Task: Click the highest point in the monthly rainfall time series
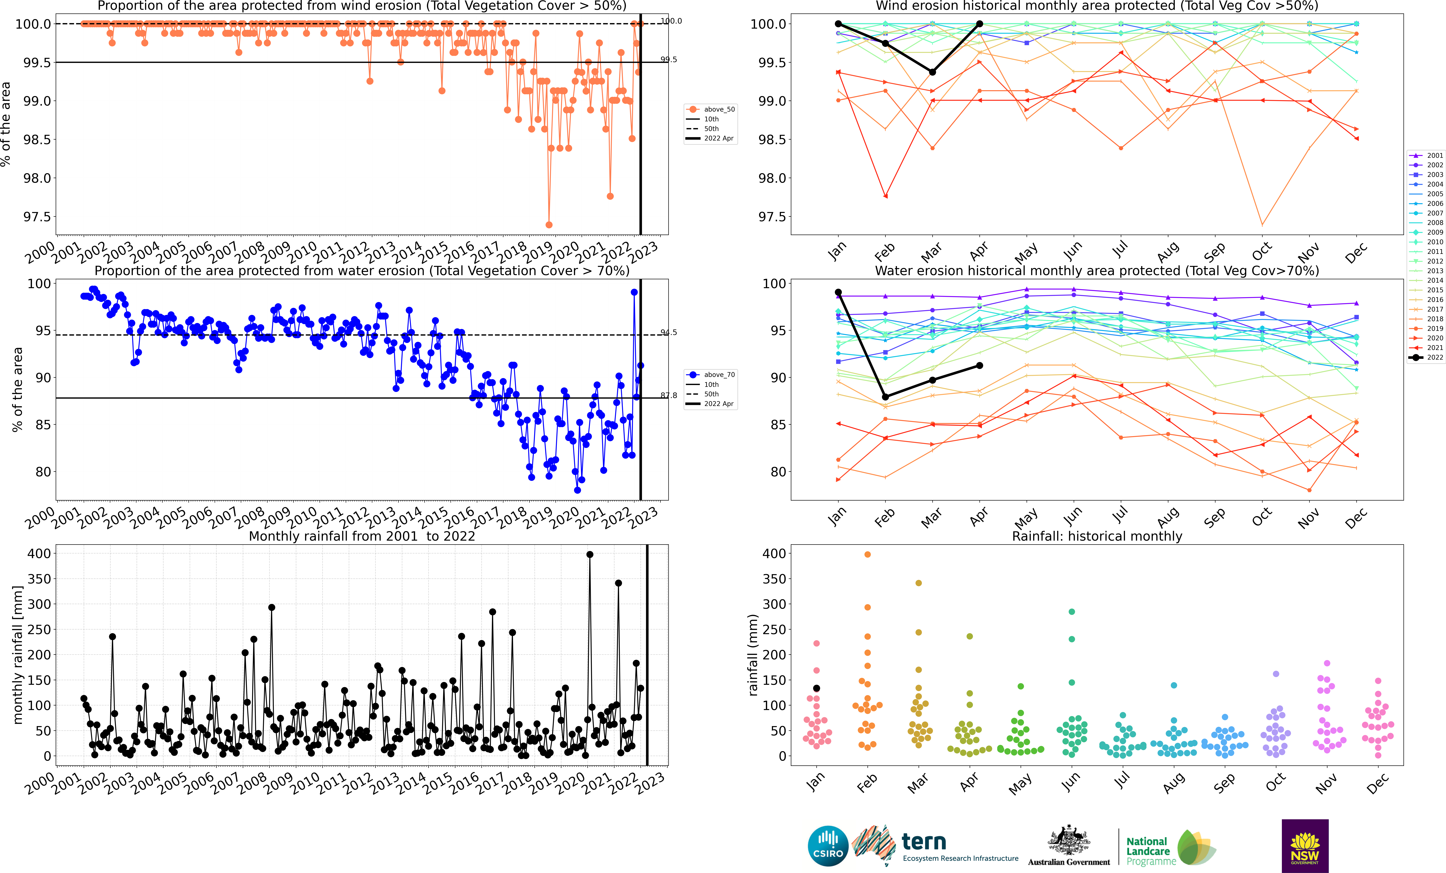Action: (x=590, y=554)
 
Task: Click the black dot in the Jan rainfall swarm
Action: (x=816, y=688)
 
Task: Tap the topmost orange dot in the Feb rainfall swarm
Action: (x=867, y=554)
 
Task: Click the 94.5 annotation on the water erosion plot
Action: (x=668, y=332)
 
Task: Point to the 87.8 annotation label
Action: (x=668, y=395)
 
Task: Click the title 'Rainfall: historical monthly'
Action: (x=1097, y=536)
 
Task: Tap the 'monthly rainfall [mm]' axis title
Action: (x=18, y=655)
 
